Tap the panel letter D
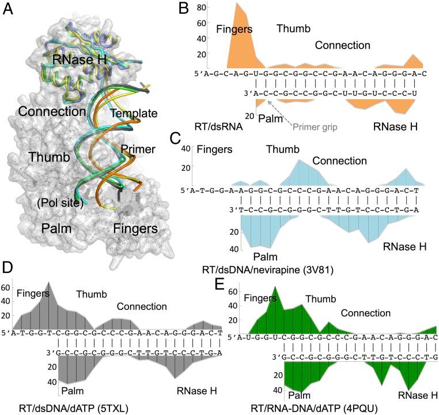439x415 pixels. (x=9, y=268)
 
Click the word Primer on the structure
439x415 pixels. (x=138, y=149)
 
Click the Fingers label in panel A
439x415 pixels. (x=136, y=228)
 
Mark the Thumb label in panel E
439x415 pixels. (x=320, y=298)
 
